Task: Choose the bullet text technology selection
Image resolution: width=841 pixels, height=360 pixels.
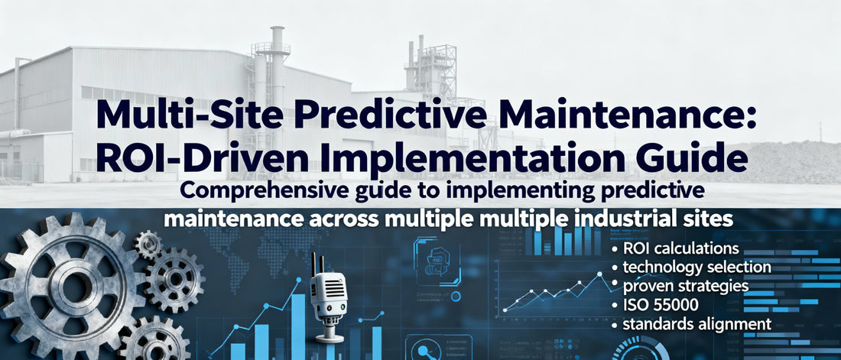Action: pos(691,267)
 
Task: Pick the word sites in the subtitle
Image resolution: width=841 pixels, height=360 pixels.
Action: pos(710,218)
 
